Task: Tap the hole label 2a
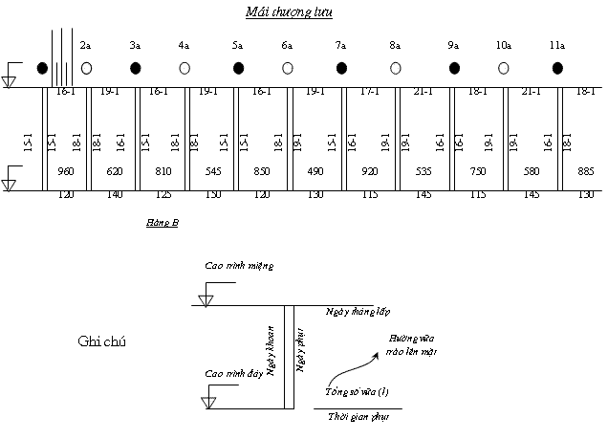tap(85, 46)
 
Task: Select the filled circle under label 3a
tap(136, 68)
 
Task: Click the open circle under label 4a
tap(185, 68)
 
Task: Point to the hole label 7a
tap(340, 46)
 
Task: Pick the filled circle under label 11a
tap(557, 68)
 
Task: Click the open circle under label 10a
tap(504, 68)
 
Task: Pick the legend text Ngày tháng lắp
tap(358, 313)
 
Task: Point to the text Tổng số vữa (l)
tap(357, 392)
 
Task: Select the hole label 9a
tap(453, 46)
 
